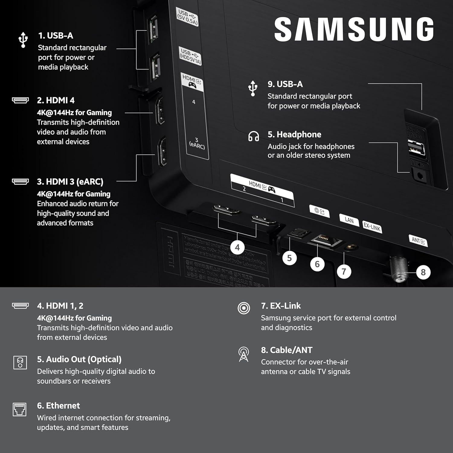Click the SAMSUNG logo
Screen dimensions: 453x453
(354, 29)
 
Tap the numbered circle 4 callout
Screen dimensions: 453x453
(237, 248)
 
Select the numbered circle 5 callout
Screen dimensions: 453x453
(289, 258)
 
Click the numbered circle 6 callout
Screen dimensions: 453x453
(317, 264)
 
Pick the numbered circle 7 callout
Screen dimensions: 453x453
(344, 271)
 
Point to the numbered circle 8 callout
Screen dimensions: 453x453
(423, 272)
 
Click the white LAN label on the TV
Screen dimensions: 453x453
(349, 220)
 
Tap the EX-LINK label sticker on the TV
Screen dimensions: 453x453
(372, 226)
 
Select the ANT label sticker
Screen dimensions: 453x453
(418, 241)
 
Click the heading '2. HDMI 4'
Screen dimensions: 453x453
(56, 100)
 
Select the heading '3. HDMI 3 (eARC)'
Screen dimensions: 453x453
(70, 182)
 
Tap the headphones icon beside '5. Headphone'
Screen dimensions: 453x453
(253, 137)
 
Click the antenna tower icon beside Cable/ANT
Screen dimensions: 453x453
(243, 354)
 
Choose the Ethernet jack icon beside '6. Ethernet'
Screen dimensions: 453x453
(20, 410)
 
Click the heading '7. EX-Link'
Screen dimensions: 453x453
(281, 306)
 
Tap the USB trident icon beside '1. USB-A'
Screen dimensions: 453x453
(23, 40)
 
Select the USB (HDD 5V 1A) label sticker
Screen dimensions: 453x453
(190, 56)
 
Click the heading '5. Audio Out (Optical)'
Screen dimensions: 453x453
(79, 359)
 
